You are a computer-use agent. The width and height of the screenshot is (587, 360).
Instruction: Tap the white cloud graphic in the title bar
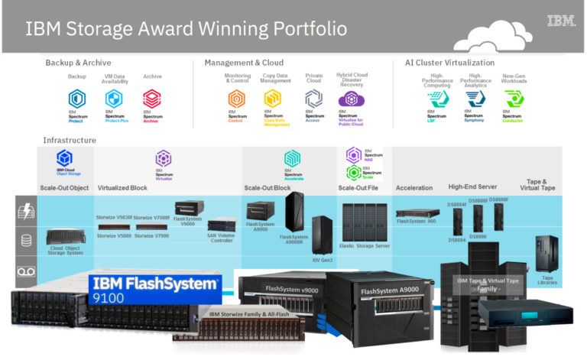click(x=498, y=35)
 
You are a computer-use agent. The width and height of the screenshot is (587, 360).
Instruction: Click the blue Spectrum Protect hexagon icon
click(x=77, y=99)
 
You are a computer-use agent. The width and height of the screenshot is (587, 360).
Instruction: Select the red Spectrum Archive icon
click(x=151, y=99)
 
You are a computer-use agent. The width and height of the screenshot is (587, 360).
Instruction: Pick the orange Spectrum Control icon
click(x=236, y=99)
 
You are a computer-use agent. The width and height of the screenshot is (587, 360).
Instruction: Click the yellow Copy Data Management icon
click(x=272, y=99)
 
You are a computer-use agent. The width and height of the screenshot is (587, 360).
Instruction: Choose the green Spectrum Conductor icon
click(x=513, y=99)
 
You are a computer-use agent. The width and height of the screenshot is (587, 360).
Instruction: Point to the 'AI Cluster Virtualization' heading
click(x=449, y=63)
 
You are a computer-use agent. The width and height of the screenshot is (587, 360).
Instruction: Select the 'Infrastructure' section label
click(x=70, y=141)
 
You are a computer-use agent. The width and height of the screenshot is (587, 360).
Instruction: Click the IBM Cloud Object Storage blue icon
click(x=65, y=158)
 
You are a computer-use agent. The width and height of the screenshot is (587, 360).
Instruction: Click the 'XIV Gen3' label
click(x=322, y=260)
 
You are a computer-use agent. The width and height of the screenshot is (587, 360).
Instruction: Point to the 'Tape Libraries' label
click(x=547, y=280)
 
